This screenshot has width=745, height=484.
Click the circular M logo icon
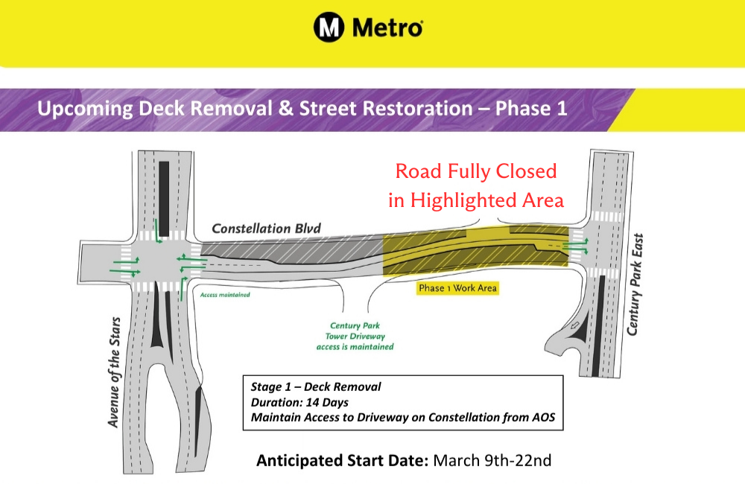(329, 27)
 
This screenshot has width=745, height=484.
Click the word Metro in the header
(387, 28)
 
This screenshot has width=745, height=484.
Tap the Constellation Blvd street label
(266, 229)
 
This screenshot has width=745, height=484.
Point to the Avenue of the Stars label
(114, 372)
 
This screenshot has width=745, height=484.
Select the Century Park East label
(635, 284)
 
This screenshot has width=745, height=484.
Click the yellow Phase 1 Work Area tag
(457, 288)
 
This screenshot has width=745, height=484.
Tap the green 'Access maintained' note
(225, 295)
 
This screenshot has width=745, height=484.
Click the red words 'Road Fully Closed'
(475, 171)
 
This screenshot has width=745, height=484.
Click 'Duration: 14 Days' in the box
(299, 402)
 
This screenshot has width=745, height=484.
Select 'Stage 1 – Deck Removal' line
(315, 386)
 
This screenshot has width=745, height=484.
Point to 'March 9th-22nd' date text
(492, 460)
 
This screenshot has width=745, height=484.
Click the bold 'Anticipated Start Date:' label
(342, 461)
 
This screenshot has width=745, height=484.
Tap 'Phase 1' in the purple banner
(531, 108)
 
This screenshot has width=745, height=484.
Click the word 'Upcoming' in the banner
(85, 109)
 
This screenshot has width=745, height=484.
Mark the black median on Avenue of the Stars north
(164, 199)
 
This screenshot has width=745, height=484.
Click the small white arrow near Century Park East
(575, 325)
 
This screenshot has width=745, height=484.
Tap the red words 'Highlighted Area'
(487, 200)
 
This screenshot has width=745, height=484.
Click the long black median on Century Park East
(599, 323)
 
